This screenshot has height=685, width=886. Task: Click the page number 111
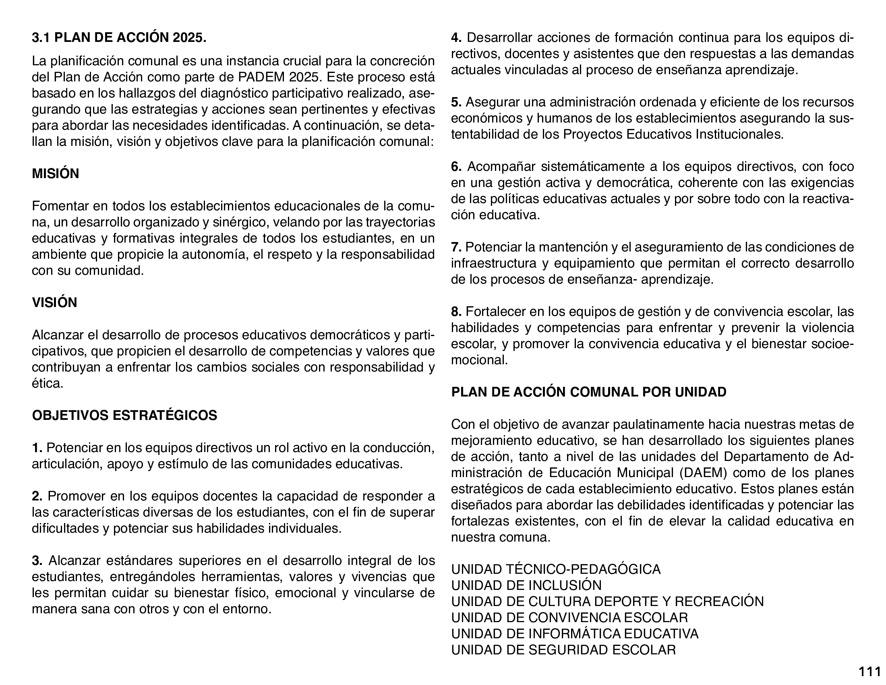[869, 672]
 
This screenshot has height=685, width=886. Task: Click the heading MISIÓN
[56, 174]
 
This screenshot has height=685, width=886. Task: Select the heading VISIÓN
[54, 303]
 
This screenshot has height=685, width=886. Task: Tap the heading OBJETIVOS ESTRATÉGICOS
[124, 415]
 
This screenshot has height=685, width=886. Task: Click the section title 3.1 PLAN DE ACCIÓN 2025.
[119, 38]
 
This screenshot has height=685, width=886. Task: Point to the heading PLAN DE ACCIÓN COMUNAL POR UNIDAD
[589, 392]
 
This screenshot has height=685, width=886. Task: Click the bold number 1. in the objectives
[37, 448]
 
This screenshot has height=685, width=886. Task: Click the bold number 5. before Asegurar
[456, 102]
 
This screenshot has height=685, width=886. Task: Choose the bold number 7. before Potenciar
[456, 247]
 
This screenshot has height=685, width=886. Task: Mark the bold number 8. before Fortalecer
[456, 311]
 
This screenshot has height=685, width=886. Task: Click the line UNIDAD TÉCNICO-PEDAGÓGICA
[556, 569]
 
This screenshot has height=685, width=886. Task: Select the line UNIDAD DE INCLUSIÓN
[526, 585]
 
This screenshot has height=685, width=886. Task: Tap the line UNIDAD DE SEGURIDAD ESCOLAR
[563, 650]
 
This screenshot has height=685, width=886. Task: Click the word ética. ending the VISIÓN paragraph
[48, 384]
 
